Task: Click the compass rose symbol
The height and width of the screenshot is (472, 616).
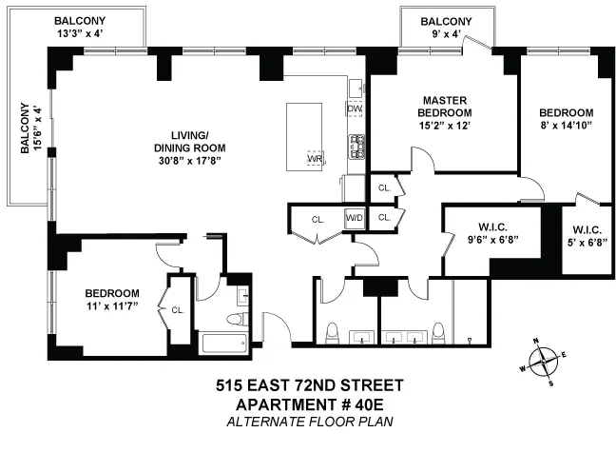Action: point(542,360)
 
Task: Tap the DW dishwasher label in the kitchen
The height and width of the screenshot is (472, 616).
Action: point(355,109)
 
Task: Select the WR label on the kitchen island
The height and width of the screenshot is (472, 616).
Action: point(314,159)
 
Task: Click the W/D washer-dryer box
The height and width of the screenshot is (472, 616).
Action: point(355,218)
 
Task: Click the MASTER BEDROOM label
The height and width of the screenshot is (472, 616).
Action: point(443,107)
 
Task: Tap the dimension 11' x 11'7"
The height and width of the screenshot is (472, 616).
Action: point(111,306)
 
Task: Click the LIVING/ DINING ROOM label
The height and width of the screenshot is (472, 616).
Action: point(188,141)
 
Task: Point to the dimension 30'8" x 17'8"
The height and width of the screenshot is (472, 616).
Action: point(188,161)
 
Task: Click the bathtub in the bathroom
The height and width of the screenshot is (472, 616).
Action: point(224,341)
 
